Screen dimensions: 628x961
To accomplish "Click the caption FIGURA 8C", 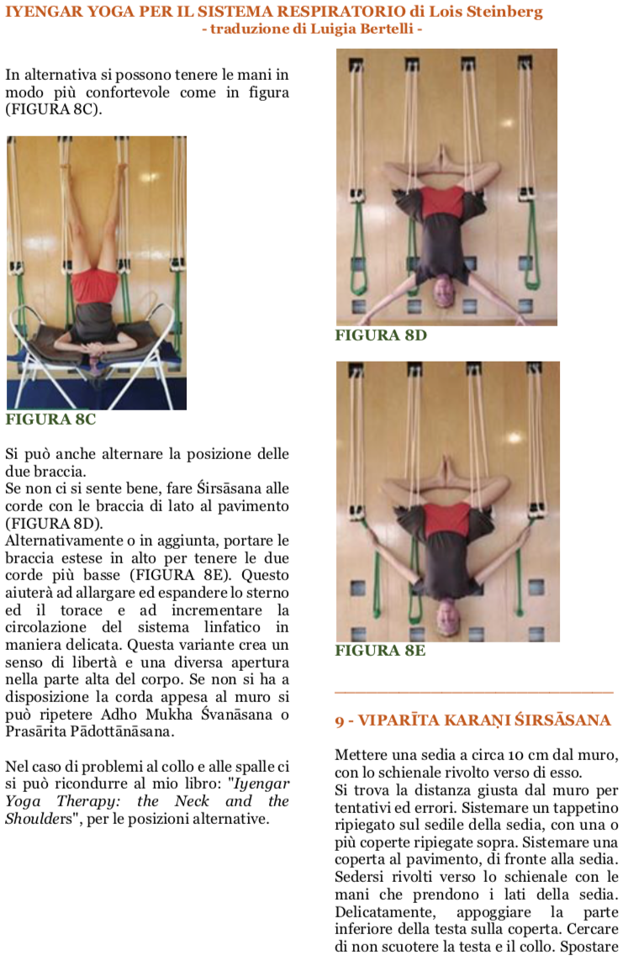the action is coord(50,420).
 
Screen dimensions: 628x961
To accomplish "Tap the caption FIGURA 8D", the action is coord(381,335).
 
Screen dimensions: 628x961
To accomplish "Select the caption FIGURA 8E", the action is coord(380,650).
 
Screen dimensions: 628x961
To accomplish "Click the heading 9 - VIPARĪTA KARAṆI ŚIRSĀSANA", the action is coord(472,721).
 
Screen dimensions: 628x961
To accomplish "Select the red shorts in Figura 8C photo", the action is coord(95,286).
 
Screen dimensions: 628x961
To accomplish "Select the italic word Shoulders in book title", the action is coord(39,819).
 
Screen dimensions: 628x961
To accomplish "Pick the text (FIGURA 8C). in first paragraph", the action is coord(54,109).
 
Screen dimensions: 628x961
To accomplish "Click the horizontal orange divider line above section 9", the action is coord(473,692).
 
